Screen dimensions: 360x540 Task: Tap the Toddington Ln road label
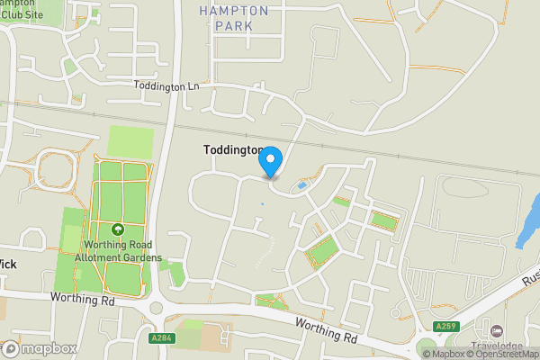[166, 85]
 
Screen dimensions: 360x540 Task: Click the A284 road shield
[162, 337]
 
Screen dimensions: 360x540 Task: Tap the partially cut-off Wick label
[10, 265]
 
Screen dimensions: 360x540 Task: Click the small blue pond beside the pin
[301, 186]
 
